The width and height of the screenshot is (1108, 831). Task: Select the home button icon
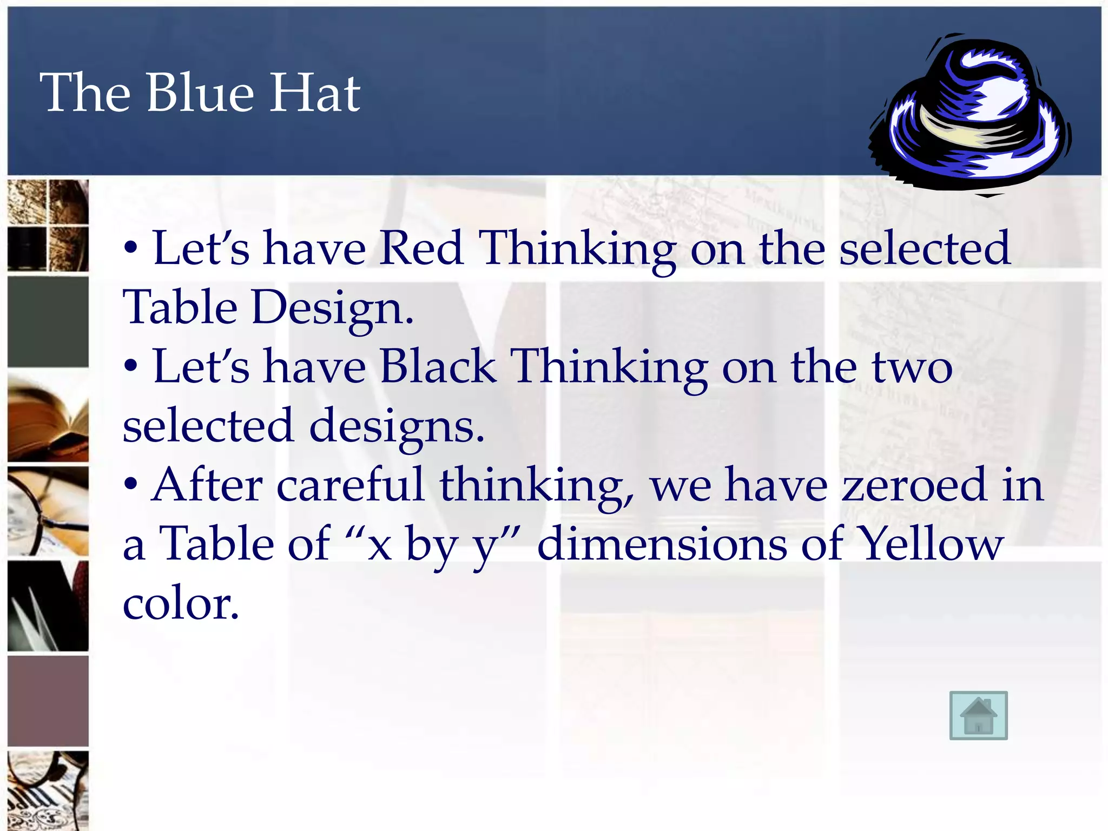click(x=978, y=715)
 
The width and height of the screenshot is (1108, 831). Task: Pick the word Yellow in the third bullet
click(x=931, y=544)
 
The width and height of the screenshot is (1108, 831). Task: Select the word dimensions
click(x=662, y=544)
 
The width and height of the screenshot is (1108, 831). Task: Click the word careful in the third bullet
click(x=350, y=485)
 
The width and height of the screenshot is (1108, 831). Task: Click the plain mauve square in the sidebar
click(x=48, y=701)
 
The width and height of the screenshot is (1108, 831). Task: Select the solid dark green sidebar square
click(x=48, y=322)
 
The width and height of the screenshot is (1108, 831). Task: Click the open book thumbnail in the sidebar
click(x=48, y=418)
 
